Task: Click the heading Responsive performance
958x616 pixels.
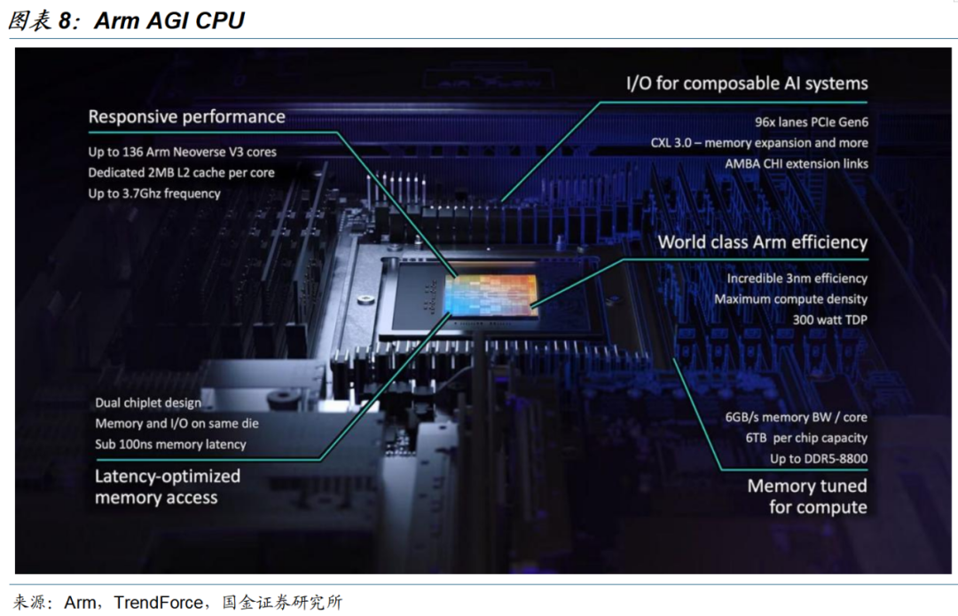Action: [x=186, y=117]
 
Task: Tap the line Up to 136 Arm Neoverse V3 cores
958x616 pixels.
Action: [x=182, y=152]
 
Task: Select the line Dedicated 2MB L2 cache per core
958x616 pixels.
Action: [x=181, y=172]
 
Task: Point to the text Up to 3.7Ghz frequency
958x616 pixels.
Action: [x=154, y=193]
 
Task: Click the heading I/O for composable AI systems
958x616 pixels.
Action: [x=747, y=83]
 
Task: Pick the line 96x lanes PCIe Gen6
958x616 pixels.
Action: [x=812, y=122]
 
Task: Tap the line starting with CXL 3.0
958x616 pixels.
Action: [x=759, y=142]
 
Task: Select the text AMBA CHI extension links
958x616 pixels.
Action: [x=797, y=163]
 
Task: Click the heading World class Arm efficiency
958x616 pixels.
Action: [x=763, y=242]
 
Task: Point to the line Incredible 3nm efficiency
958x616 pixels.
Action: [x=797, y=278]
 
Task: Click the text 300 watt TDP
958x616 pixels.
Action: [x=829, y=320]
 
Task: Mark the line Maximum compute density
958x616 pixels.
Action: [x=790, y=299]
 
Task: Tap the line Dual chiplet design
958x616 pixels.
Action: [x=148, y=403]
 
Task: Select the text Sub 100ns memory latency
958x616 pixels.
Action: [x=170, y=445]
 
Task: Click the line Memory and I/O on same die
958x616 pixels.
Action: [x=177, y=423]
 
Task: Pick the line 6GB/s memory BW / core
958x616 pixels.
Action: [x=796, y=417]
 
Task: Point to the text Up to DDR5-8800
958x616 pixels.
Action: [x=819, y=458]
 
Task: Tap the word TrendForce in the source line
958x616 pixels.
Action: [x=158, y=603]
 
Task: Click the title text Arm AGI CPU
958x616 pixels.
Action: [x=169, y=20]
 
